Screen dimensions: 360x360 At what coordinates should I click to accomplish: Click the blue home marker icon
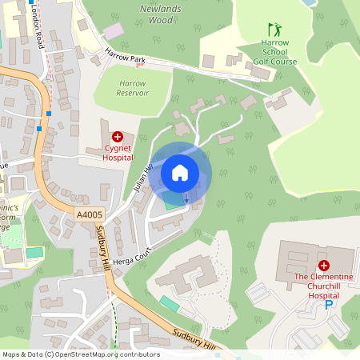pyautogui.click(x=180, y=173)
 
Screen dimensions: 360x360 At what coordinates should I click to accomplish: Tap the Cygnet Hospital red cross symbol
pyautogui.click(x=117, y=137)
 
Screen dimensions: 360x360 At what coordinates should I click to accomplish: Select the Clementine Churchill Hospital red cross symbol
pyautogui.click(x=324, y=265)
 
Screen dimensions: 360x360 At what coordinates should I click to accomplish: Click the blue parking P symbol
pyautogui.click(x=328, y=305)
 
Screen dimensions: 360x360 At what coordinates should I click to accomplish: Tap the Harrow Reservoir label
pyautogui.click(x=133, y=88)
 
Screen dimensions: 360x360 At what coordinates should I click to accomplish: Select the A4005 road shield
pyautogui.click(x=89, y=214)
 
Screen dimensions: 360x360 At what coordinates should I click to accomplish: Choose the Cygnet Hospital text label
pyautogui.click(x=117, y=153)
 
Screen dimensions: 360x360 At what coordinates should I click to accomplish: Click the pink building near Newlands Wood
pyautogui.click(x=114, y=30)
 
